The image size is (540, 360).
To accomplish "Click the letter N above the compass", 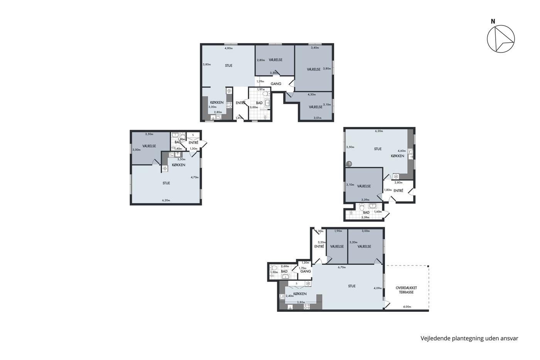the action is tap(493, 22).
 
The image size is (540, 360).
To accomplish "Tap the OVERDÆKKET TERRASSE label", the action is tap(406, 290).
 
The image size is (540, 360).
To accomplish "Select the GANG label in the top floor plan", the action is tap(276, 84).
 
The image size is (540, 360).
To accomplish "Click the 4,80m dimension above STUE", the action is tap(228, 48).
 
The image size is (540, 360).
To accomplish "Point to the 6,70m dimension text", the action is tap(342, 267).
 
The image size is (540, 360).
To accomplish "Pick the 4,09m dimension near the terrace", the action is tap(378, 288).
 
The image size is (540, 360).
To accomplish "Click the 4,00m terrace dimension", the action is tap(407, 307).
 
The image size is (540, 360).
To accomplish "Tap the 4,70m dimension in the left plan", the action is tap(194, 177).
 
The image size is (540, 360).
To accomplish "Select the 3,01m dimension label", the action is tap(317, 118).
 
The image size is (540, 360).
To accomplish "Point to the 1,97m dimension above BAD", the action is tap(261, 90).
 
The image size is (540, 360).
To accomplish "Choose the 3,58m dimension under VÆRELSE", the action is tap(274, 73).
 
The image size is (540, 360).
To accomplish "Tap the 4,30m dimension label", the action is tap(312, 95).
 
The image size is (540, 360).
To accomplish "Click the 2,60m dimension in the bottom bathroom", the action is tap(285, 266).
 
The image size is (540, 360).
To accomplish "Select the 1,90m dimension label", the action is tap(338, 231).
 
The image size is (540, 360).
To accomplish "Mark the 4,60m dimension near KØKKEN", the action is tap(402, 151).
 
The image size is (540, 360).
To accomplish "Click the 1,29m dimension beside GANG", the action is tap(260, 81).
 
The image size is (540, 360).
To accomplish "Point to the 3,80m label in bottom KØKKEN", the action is tap(301, 302).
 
